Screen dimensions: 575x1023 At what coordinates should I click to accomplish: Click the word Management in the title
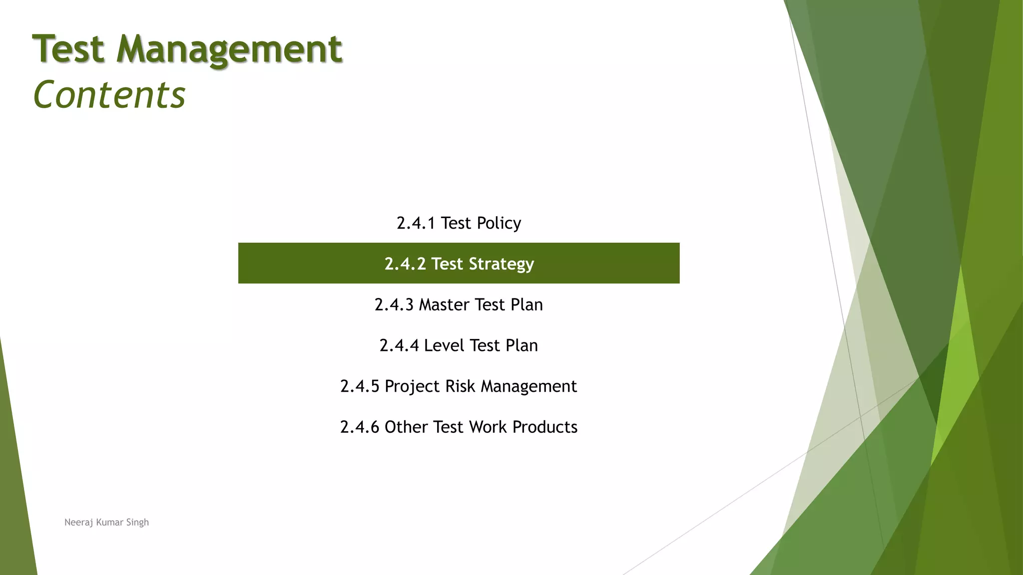(x=229, y=49)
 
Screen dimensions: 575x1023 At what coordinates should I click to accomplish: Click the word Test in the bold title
(x=68, y=49)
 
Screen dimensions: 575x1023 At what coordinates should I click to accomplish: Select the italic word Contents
(x=109, y=94)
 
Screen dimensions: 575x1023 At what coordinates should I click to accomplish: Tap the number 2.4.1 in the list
(x=416, y=223)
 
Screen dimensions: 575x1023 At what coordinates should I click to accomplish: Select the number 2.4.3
(x=394, y=304)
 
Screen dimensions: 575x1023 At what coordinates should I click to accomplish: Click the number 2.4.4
(x=399, y=345)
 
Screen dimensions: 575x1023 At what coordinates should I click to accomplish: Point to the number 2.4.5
(x=360, y=386)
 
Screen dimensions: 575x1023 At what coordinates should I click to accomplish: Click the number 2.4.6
(x=360, y=427)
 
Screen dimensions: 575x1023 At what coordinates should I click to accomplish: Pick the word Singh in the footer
(x=137, y=523)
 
